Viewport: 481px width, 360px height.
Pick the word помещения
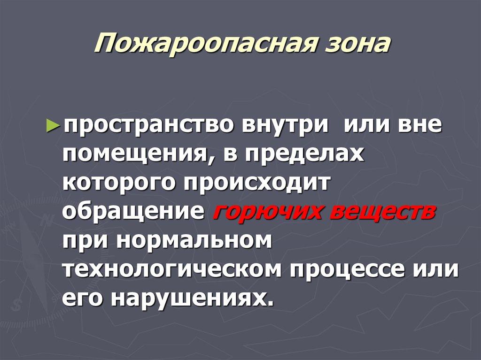click(x=134, y=154)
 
